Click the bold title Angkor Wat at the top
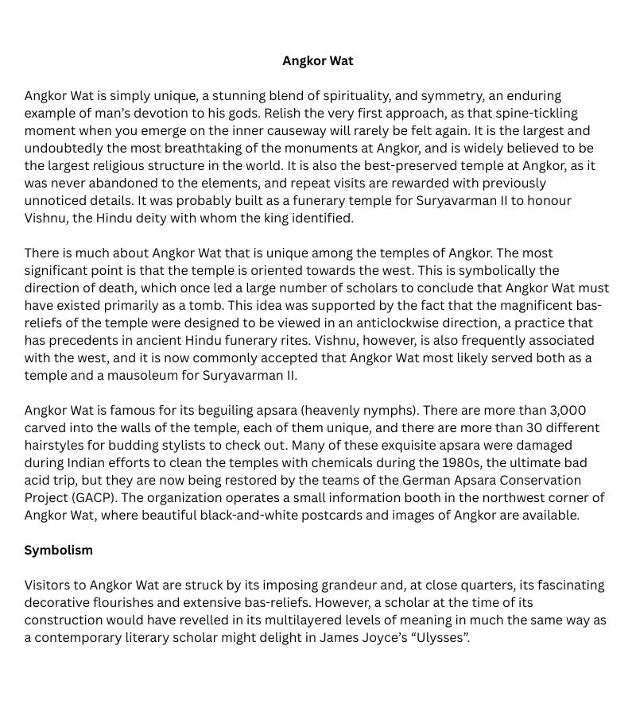pos(318,61)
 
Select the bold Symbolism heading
pos(58,550)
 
